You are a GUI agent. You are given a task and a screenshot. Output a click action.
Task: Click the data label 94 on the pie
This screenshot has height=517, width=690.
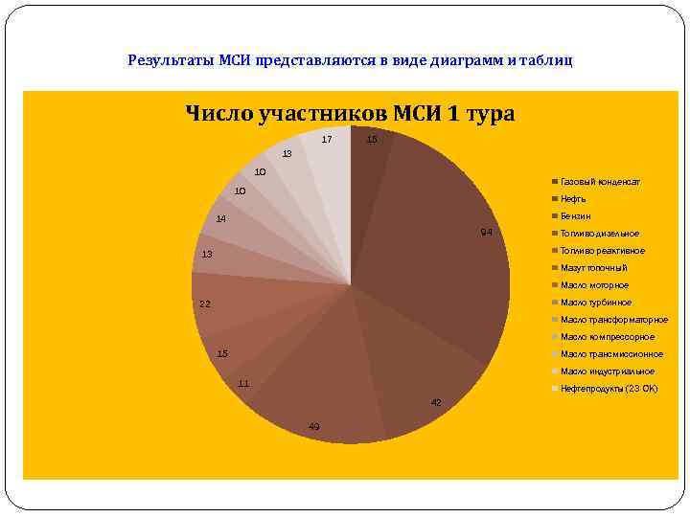pos(487,233)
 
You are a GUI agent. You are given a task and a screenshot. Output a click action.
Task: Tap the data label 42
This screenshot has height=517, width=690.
pos(436,403)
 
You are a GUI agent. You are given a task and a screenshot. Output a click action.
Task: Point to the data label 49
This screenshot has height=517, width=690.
pos(314,426)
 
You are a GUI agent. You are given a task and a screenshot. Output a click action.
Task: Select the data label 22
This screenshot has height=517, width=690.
pos(204,304)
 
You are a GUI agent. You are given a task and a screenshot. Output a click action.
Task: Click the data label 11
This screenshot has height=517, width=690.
pos(243,384)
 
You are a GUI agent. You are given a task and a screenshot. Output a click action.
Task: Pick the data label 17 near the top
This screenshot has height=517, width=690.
pos(327,140)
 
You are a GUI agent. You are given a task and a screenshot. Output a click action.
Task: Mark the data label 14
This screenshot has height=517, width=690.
pos(220,219)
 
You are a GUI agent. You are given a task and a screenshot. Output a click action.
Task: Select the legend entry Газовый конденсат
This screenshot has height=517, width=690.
pos(600,182)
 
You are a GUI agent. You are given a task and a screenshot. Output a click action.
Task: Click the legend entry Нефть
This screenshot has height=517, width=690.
pos(573,199)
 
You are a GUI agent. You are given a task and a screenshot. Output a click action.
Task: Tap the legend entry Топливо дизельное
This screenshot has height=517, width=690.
pos(599,234)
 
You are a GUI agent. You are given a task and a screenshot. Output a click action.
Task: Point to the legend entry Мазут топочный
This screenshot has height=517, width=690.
pos(593,268)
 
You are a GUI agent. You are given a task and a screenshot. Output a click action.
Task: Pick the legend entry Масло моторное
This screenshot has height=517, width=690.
pos(594,285)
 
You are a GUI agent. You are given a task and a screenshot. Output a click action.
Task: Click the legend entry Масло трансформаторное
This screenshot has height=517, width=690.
pos(613,320)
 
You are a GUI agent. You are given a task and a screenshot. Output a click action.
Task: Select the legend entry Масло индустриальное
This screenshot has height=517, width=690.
pos(607,371)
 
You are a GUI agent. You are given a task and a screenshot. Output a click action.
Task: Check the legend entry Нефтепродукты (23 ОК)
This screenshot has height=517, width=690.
pos(609,389)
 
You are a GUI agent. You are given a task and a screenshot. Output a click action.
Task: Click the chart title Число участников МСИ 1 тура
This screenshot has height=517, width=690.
pos(350,114)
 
